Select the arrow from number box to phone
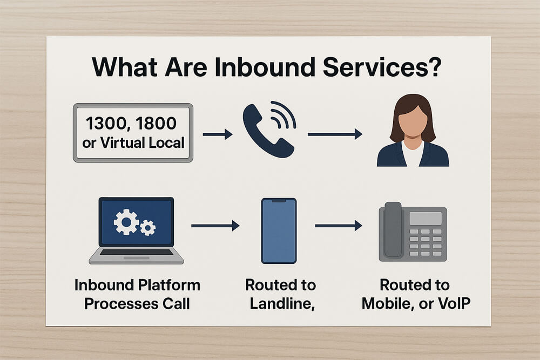pyautogui.click(x=217, y=134)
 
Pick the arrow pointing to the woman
pyautogui.click(x=335, y=134)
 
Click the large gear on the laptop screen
pyautogui.click(x=126, y=222)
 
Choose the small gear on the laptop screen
pyautogui.click(x=147, y=228)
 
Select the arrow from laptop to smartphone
pyautogui.click(x=215, y=226)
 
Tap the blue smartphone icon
pyautogui.click(x=279, y=230)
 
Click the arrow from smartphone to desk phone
pyautogui.click(x=338, y=226)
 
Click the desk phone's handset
pyautogui.click(x=393, y=229)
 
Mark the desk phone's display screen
pyautogui.click(x=425, y=218)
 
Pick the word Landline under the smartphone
pyautogui.click(x=280, y=303)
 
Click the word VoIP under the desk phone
pyautogui.click(x=452, y=303)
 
